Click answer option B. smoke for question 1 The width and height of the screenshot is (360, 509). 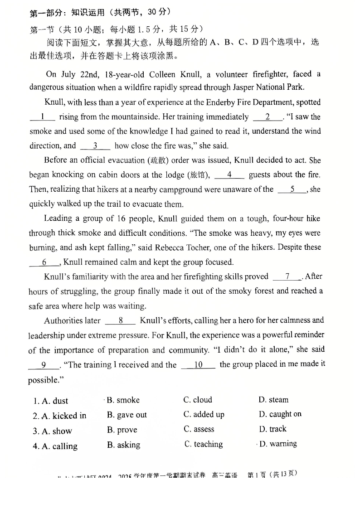(123, 400)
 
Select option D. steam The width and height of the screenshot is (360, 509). (273, 400)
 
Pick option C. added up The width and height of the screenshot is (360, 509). (204, 415)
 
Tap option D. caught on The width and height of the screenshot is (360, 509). (280, 414)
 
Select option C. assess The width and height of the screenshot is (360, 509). (199, 429)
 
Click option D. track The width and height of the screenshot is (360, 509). (272, 429)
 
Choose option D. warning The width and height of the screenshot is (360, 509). (277, 444)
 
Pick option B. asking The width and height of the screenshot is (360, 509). (123, 445)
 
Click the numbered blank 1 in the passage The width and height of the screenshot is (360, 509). (43, 117)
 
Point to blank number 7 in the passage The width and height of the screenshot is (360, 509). (287, 276)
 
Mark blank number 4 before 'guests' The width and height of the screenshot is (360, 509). (229, 175)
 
